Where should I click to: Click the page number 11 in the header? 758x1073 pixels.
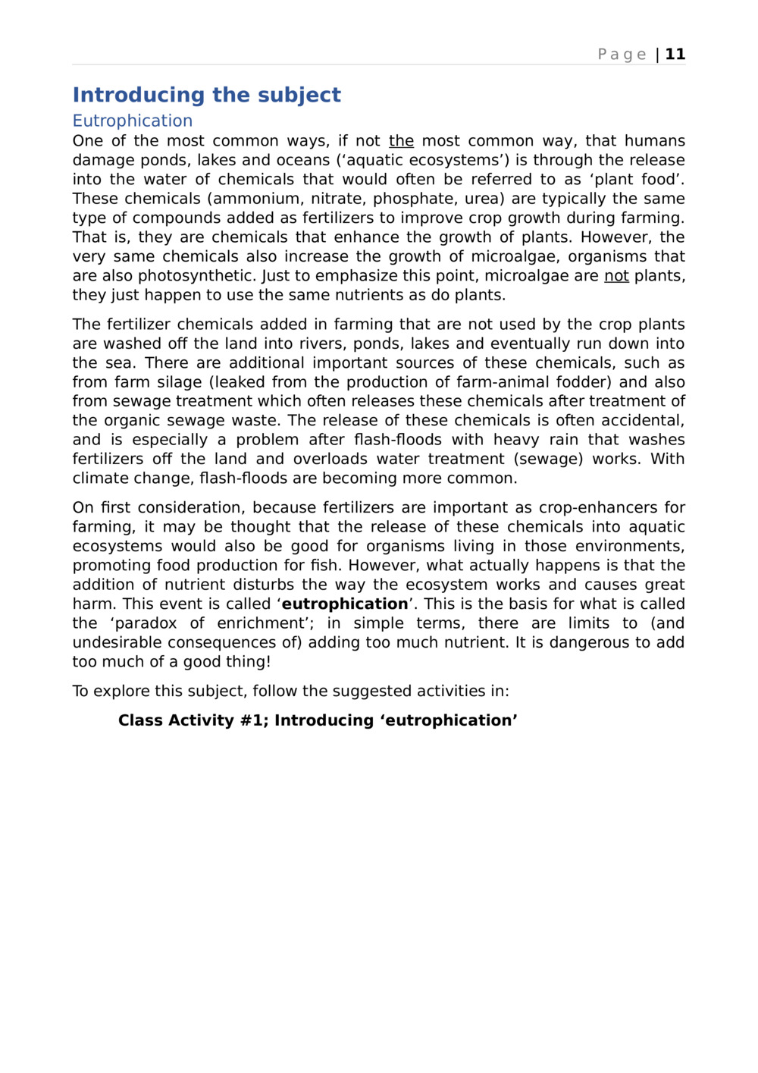pos(675,54)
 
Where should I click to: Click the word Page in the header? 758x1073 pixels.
pos(622,54)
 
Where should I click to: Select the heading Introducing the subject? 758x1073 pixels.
pos(206,95)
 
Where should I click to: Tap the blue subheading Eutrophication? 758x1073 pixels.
pos(132,121)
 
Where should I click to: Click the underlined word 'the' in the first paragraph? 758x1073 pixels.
pos(401,141)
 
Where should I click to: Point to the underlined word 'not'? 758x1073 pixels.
pos(616,276)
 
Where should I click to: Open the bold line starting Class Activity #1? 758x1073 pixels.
pos(318,720)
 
